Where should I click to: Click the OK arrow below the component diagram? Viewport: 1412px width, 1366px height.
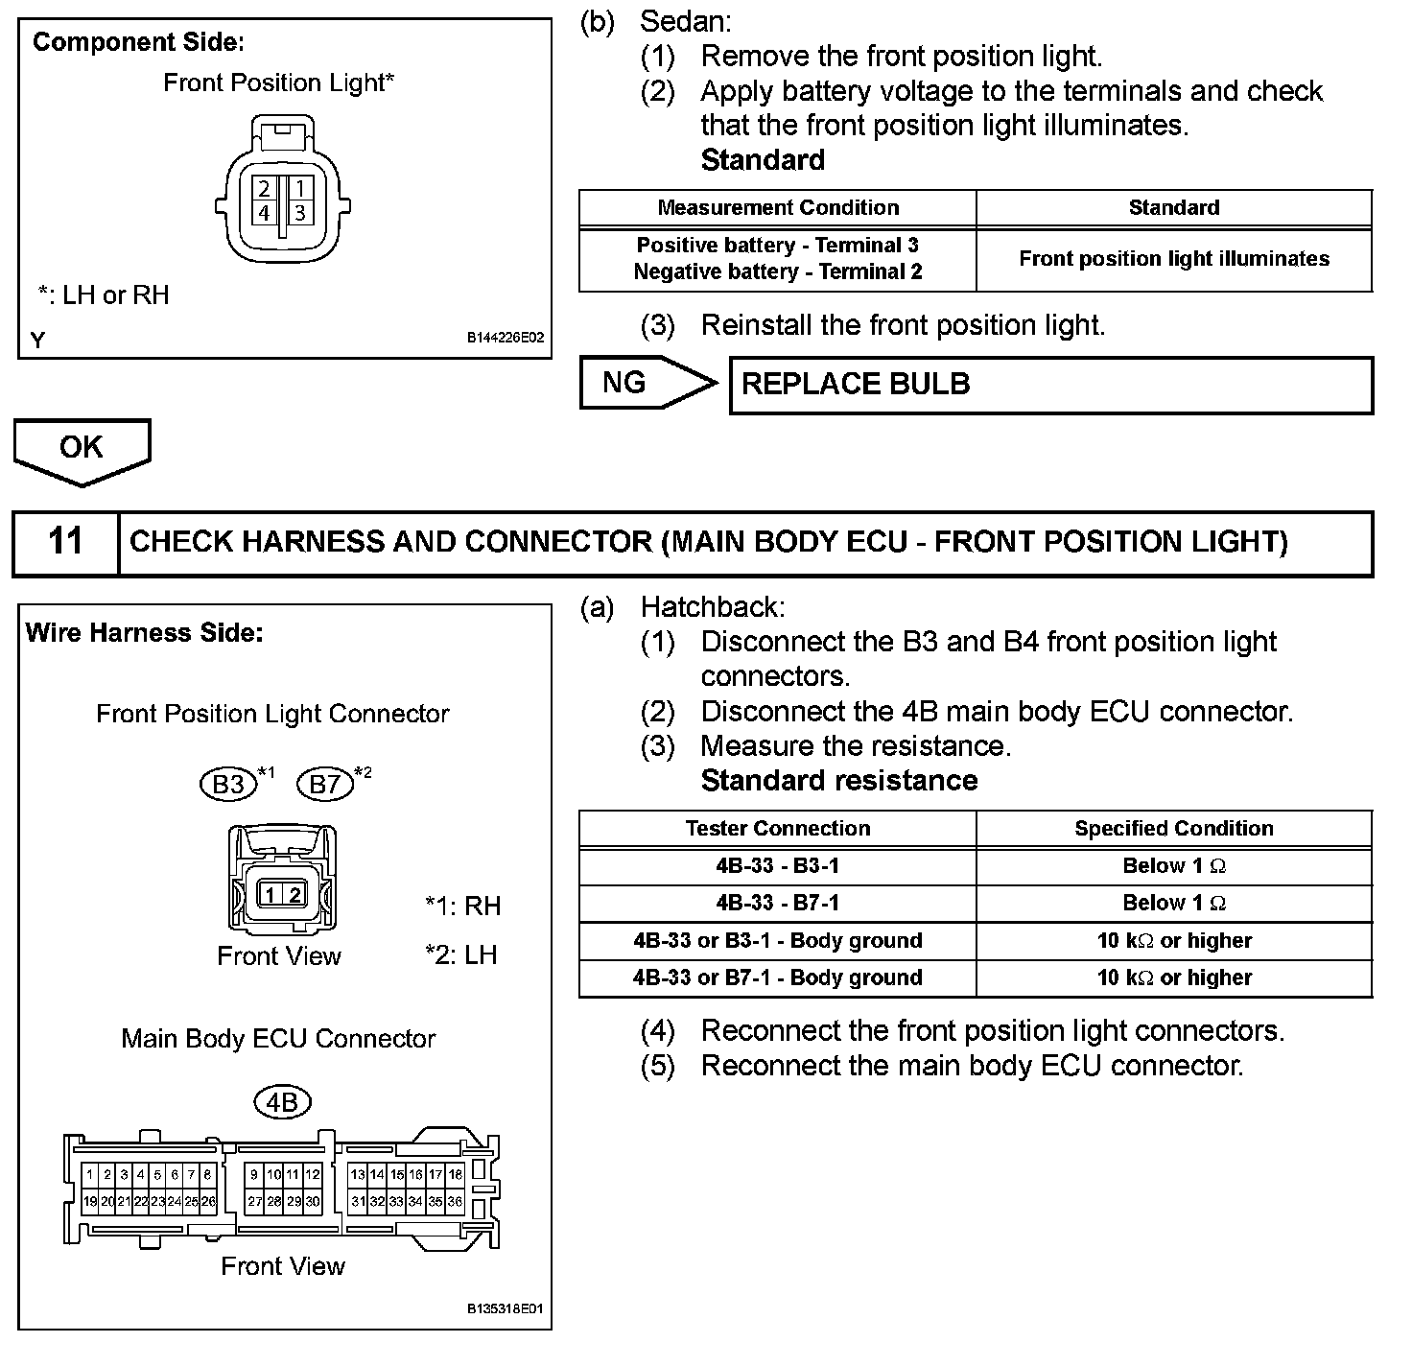pos(82,448)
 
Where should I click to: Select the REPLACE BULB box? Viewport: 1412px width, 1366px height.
pos(1050,385)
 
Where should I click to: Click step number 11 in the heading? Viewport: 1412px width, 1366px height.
pos(65,541)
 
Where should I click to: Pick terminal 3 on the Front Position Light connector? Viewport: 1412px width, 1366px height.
pos(299,212)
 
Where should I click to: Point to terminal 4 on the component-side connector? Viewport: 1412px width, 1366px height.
pos(264,212)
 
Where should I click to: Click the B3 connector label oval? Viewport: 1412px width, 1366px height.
pos(228,785)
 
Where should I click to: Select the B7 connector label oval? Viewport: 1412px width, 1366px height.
pos(325,785)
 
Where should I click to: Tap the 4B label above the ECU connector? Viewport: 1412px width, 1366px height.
pos(282,1103)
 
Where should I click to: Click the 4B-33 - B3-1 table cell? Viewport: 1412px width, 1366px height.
pos(777,866)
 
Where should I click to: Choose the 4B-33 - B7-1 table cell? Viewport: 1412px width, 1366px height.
pos(777,903)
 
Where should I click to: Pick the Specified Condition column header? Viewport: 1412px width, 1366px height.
pos(1173,829)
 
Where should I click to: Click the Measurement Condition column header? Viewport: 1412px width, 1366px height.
pos(777,208)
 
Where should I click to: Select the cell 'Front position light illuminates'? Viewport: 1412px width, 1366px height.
pos(1173,259)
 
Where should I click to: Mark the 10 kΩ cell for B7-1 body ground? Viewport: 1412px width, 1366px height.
pos(1173,977)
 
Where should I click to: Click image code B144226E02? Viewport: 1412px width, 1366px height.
pos(506,339)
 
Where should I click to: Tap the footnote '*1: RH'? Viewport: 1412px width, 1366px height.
pos(462,906)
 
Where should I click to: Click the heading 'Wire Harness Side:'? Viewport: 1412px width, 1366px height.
pos(144,633)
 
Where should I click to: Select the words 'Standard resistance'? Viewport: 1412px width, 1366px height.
pos(839,781)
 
